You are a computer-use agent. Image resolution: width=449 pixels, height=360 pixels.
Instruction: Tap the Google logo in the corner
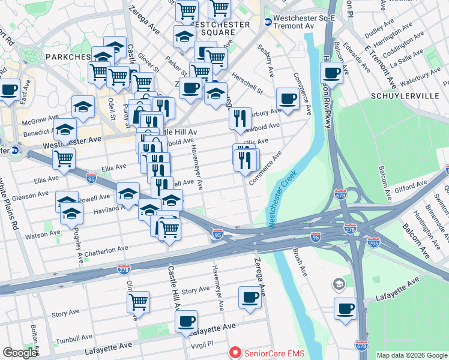pyautogui.click(x=20, y=353)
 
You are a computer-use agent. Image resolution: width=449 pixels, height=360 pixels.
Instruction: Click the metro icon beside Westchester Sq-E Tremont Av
pyautogui.click(x=268, y=22)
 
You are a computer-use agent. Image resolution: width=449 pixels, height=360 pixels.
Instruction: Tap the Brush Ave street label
pyautogui.click(x=300, y=263)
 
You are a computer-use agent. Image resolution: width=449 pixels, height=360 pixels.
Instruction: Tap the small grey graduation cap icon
pyautogui.click(x=339, y=283)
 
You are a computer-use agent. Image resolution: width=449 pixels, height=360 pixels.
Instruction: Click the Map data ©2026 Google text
pyautogui.click(x=412, y=355)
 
